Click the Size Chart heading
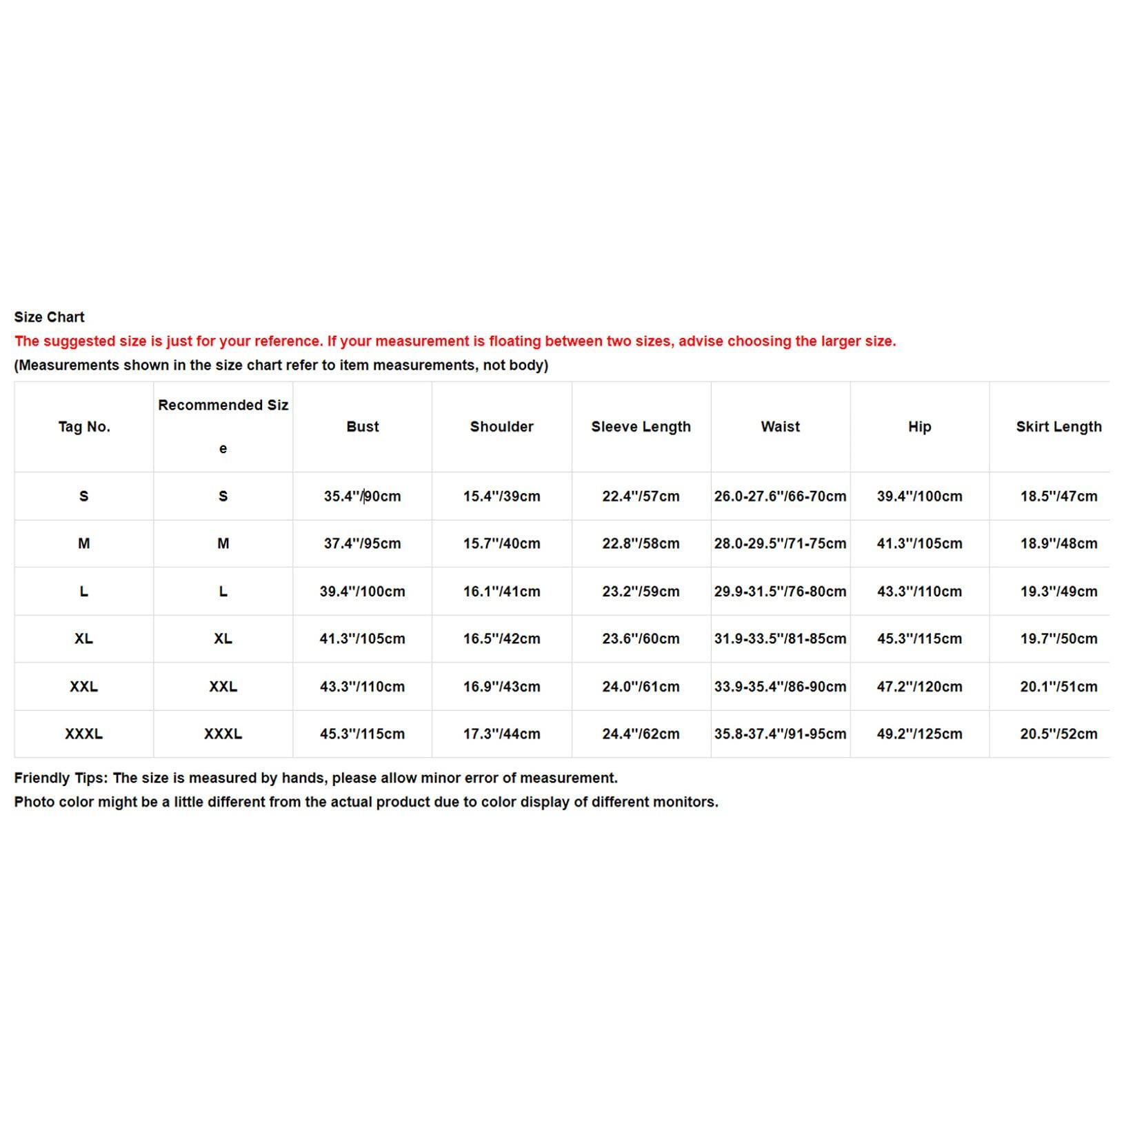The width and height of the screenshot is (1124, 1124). point(49,317)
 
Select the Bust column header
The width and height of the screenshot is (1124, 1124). point(363,427)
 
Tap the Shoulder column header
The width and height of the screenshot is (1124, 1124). point(501,427)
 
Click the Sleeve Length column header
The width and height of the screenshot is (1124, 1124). point(641,427)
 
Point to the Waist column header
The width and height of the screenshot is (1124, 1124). point(780,427)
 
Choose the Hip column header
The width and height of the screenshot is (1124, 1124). point(919,427)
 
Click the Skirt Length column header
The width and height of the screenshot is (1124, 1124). point(1058,427)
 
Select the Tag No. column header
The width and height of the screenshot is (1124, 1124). point(84,427)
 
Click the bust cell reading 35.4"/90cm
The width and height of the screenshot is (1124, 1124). point(362,496)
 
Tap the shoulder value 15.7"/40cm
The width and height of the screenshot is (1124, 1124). point(501,543)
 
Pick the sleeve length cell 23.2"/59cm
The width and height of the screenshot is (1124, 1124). point(641,592)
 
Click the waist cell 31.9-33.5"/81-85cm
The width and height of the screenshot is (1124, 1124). point(780,639)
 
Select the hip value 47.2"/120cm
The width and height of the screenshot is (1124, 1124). point(919,687)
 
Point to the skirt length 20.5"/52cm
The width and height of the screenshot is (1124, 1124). point(1058,734)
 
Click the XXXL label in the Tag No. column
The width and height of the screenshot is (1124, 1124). point(84,734)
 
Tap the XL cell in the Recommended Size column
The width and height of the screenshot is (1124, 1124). point(223,639)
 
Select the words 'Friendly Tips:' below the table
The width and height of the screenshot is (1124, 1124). point(61,778)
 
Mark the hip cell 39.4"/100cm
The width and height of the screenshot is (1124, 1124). point(919,496)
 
